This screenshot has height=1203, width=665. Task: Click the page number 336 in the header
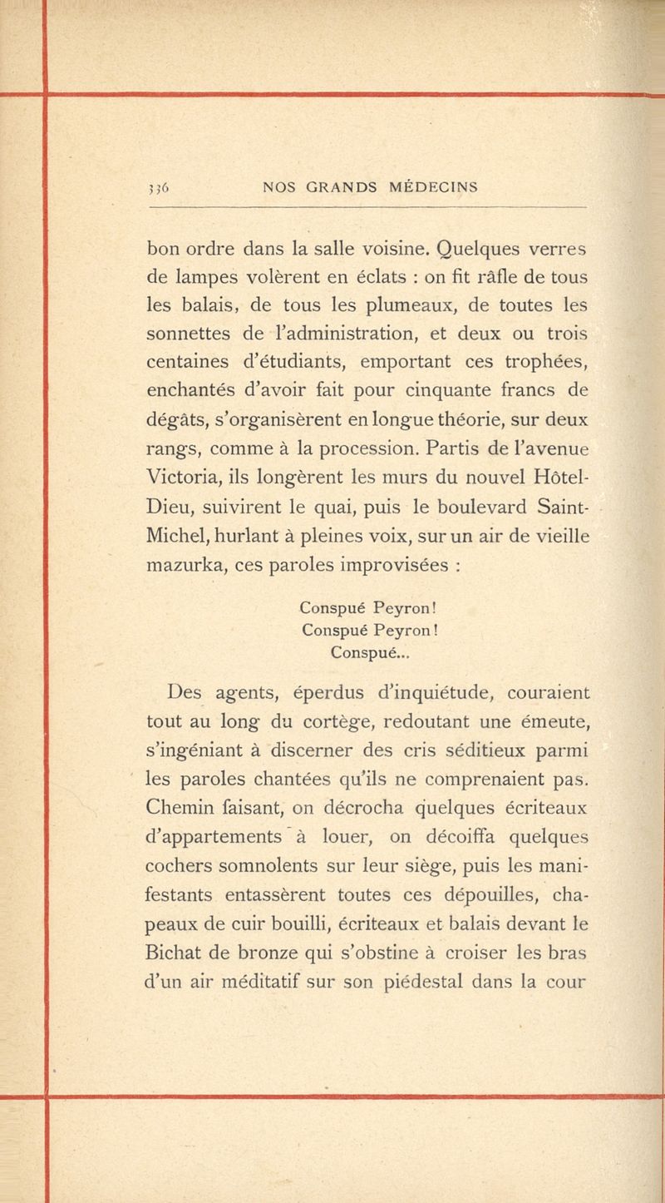[160, 188]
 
